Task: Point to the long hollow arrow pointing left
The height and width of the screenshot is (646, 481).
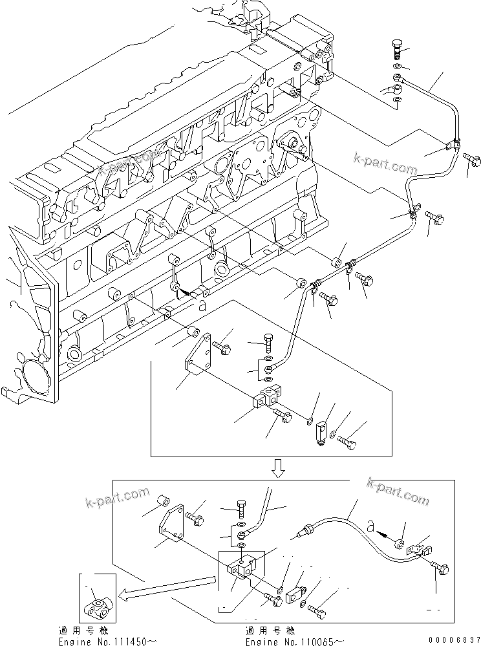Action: (165, 585)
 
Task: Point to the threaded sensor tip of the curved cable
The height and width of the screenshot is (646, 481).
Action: (300, 535)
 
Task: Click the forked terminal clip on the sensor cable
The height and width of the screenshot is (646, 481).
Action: (418, 550)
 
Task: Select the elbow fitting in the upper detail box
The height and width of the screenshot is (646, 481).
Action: (321, 431)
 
